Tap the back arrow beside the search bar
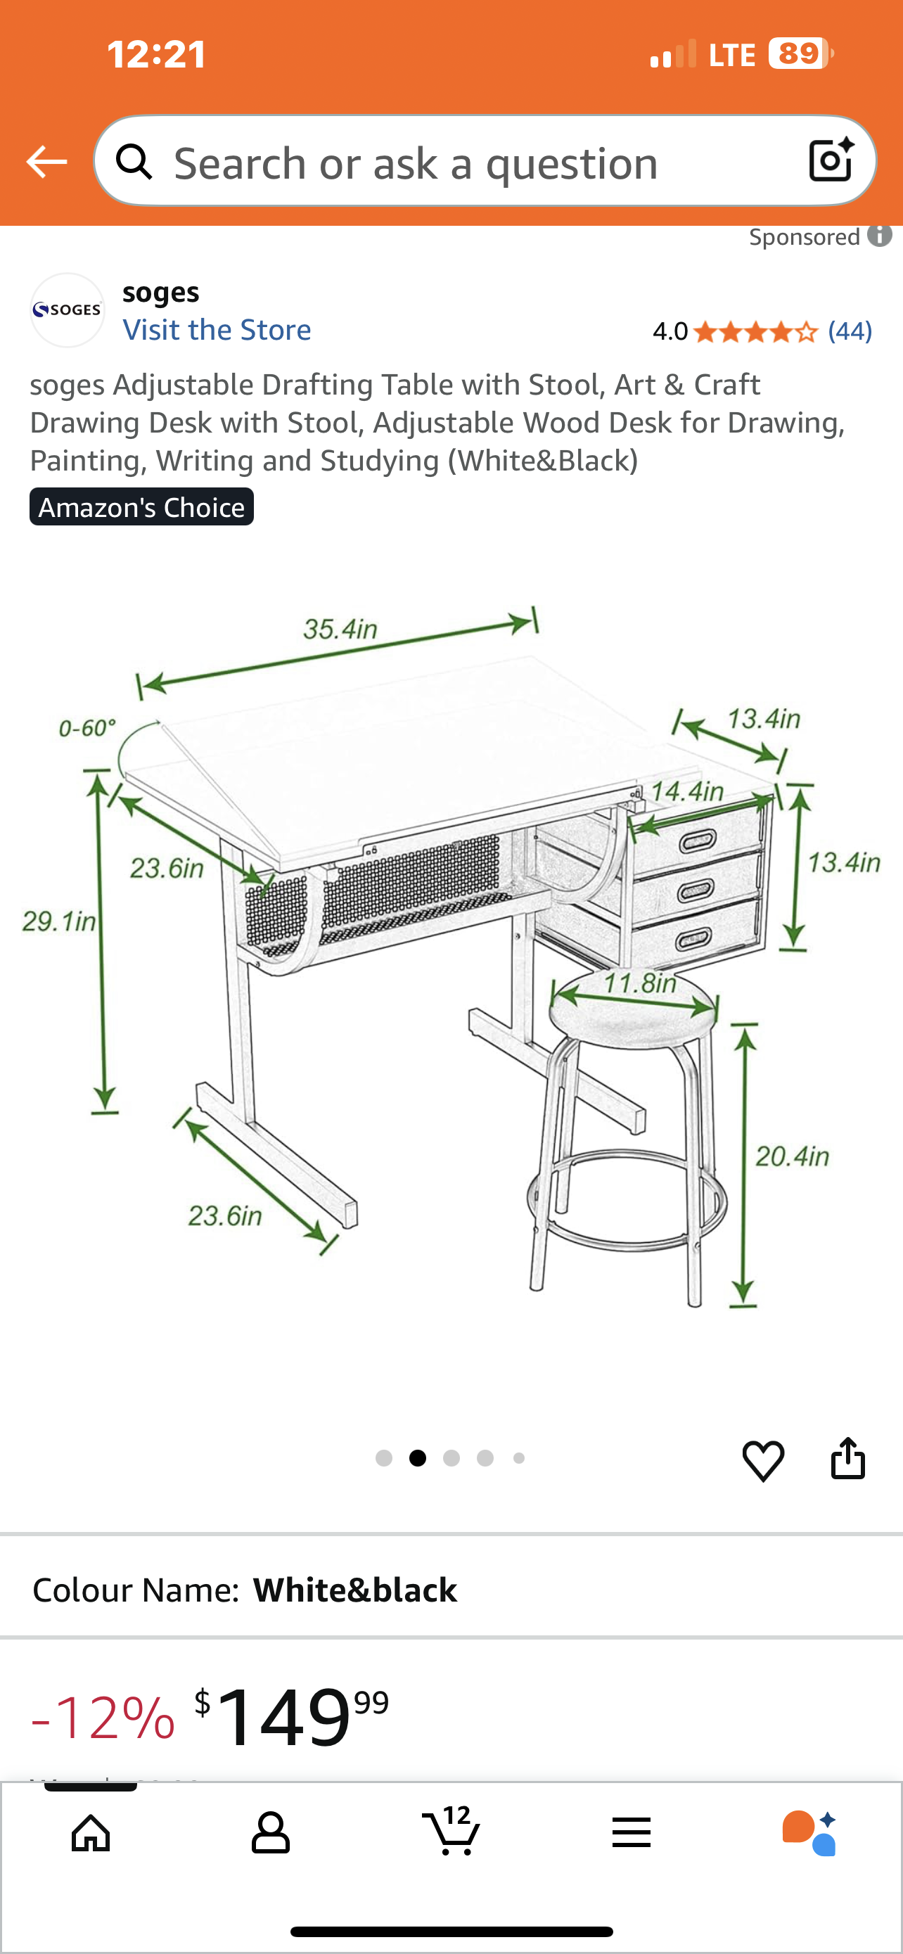click(x=46, y=162)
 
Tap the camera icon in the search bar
click(x=831, y=161)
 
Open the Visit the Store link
click(x=217, y=330)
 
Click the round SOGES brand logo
click(x=67, y=310)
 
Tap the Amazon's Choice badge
click(x=142, y=506)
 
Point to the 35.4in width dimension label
click(x=340, y=628)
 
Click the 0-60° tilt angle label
click(x=87, y=727)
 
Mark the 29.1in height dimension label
click(x=58, y=921)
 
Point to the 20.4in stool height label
click(x=792, y=1156)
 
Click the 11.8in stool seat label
click(x=640, y=983)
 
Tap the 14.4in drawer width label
click(x=687, y=791)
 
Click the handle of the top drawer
click(x=697, y=841)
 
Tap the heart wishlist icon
click(x=763, y=1460)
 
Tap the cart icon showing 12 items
click(x=451, y=1832)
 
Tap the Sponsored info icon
click(x=880, y=236)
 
